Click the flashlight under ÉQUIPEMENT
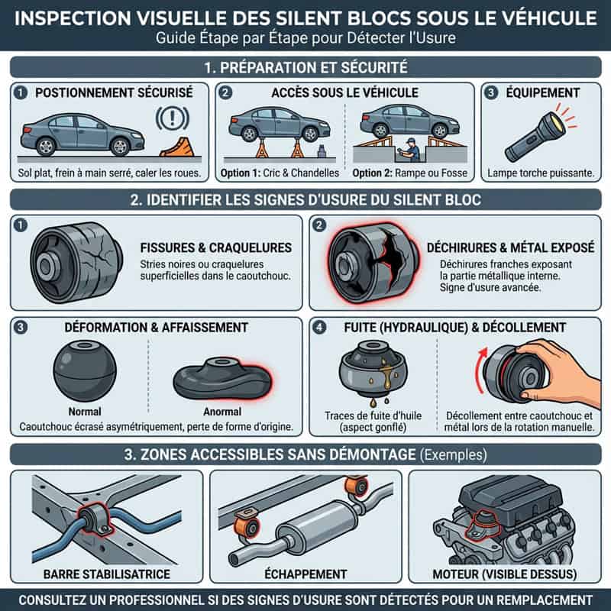point(535,136)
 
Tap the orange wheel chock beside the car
point(177,147)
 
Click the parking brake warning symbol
point(173,118)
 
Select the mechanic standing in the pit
point(410,150)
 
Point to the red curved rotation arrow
point(480,371)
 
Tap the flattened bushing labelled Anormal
point(222,377)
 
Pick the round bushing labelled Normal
point(85,370)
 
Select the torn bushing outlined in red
point(373,263)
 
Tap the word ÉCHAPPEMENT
point(305,574)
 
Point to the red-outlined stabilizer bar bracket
point(95,519)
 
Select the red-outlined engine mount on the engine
point(484,525)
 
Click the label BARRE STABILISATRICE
point(107,574)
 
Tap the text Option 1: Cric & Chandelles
point(280,173)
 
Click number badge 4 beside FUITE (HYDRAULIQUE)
point(319,327)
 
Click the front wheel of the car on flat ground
point(120,147)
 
